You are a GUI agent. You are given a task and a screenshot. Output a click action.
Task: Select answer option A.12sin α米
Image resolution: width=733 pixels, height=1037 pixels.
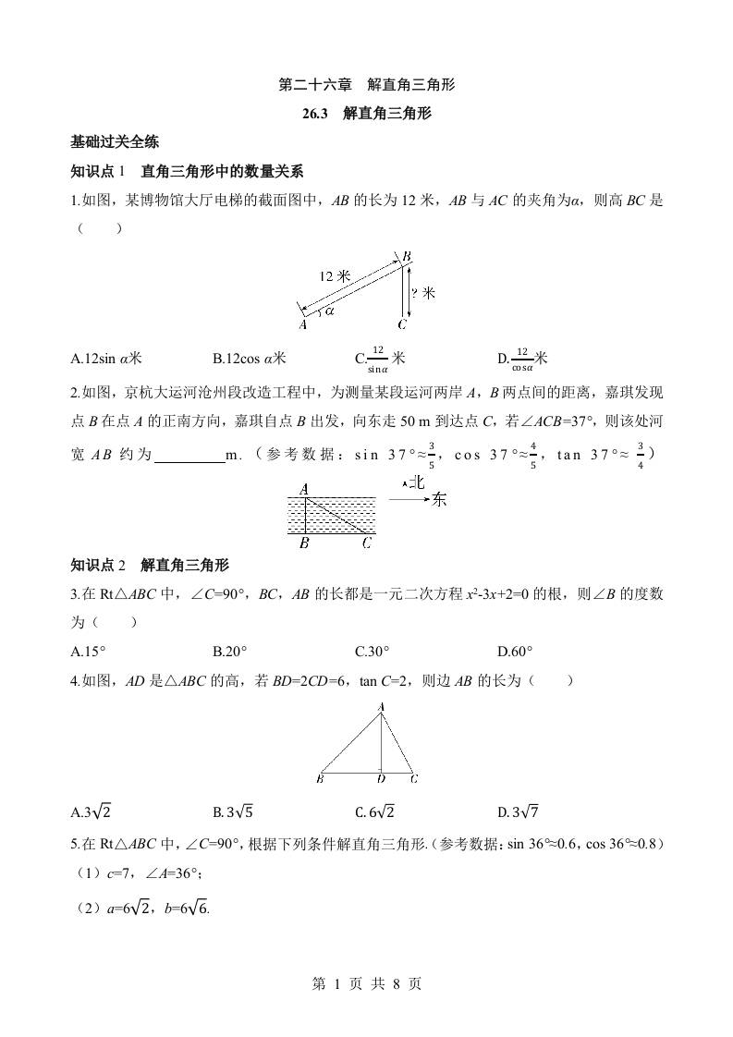[106, 358]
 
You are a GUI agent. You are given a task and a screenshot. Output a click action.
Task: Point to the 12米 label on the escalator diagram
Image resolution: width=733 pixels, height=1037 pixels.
[335, 275]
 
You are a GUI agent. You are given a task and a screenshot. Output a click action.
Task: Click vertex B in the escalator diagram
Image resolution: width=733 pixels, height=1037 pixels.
[407, 256]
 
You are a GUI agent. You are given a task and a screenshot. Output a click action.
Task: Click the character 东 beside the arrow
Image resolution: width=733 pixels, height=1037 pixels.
[439, 499]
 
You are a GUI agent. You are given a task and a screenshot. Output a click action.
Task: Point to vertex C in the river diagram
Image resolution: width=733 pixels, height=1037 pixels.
[367, 543]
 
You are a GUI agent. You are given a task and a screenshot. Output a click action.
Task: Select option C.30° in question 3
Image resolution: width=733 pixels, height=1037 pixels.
[373, 651]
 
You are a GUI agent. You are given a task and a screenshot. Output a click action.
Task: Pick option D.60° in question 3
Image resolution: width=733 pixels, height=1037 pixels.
[515, 651]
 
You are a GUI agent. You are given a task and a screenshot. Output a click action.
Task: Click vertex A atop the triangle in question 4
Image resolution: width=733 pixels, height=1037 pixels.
[381, 707]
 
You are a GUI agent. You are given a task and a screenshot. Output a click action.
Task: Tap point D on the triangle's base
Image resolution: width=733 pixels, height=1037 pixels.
[381, 778]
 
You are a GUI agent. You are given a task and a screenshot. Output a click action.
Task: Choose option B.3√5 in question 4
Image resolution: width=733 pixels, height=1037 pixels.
[233, 812]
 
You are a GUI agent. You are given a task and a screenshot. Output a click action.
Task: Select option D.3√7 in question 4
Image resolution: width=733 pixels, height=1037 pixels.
[519, 812]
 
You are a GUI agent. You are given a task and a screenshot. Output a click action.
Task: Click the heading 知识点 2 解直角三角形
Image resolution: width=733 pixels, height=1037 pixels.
[150, 566]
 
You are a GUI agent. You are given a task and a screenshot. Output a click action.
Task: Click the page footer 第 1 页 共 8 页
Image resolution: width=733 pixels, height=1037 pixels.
[366, 983]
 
